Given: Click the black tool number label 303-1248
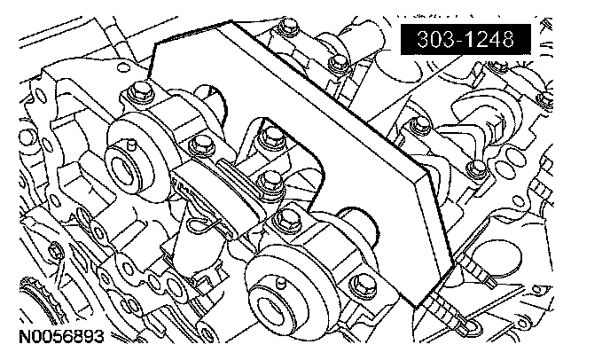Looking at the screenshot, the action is (465, 39).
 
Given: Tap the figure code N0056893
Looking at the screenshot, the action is (62, 337).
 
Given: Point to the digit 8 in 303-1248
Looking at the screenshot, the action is (505, 39).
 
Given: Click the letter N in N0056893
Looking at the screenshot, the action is (25, 337).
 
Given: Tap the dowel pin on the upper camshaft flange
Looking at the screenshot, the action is (131, 145).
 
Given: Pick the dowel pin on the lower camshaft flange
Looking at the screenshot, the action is (280, 283).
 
